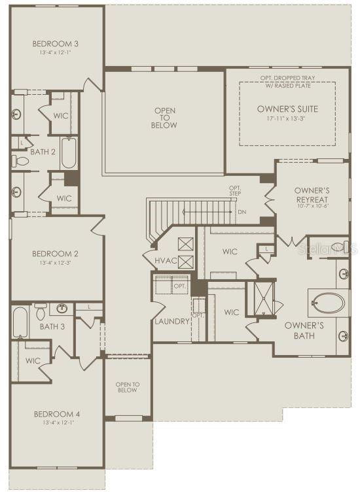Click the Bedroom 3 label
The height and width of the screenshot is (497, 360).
56,44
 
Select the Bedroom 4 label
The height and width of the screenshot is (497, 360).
56,414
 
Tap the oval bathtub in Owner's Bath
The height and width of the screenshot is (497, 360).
326,303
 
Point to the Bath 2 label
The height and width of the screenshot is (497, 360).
44,152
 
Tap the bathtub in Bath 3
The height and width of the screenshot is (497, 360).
20,322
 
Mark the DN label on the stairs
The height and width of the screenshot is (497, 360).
242,212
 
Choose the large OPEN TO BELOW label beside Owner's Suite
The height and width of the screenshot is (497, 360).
164,118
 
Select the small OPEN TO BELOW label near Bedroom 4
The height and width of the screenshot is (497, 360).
128,387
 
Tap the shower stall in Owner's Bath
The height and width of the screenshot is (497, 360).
264,298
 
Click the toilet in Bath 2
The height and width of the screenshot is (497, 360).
21,160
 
